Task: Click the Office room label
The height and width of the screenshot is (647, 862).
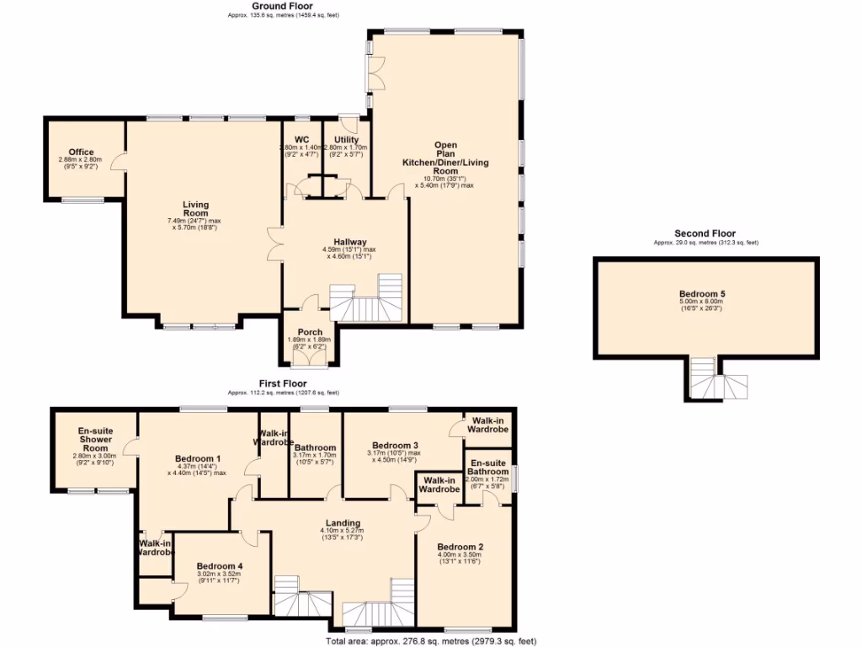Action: point(82,152)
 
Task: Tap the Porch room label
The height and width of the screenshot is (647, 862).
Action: point(311,333)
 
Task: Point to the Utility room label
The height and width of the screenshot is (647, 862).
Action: point(346,140)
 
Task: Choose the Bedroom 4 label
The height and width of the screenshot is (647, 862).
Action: point(219,566)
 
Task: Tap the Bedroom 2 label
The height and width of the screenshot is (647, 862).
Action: point(460,546)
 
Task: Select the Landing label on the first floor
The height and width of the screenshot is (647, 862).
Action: point(343,522)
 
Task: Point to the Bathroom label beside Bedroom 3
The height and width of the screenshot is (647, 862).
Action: point(316,448)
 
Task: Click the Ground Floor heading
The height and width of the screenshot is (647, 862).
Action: point(283,6)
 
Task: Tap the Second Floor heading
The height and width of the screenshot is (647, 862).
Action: point(705,233)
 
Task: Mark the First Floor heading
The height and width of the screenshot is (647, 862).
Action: point(284,383)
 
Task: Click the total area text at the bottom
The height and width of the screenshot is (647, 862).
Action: point(431,641)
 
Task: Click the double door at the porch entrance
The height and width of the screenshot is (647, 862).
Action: point(311,357)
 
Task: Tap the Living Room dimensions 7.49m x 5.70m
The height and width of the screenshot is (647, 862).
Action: point(195,224)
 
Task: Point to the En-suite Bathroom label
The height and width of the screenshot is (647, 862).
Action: point(488,468)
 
